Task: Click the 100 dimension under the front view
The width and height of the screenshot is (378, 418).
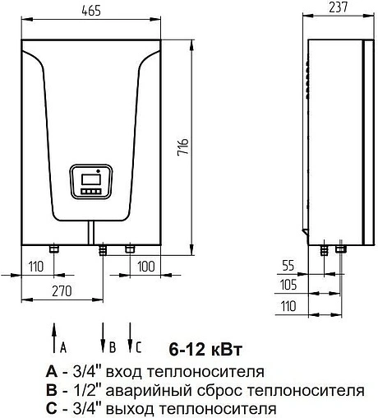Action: (x=146, y=267)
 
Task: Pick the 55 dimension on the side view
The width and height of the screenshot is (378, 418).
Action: (x=287, y=266)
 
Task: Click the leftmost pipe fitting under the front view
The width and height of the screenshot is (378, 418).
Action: (x=53, y=248)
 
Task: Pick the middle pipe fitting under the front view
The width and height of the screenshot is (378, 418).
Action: (x=103, y=248)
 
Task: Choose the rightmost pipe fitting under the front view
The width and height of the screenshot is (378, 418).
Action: (x=129, y=248)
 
